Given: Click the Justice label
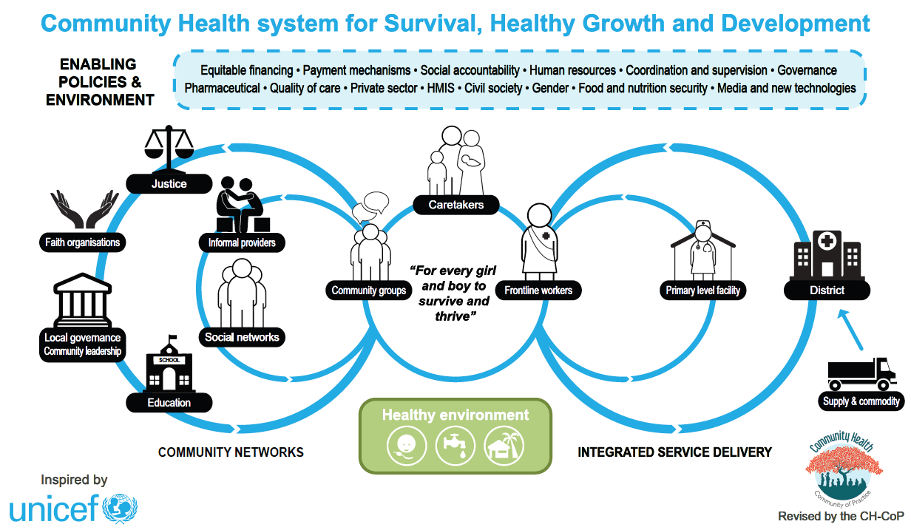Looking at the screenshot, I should coord(169,183).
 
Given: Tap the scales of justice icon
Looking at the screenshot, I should coord(169,149).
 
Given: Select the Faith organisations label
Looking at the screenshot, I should coord(82,242).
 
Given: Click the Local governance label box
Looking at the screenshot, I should coord(82,344).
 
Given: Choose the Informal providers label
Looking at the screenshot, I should coord(242,242).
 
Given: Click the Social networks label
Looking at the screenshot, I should coord(242,337).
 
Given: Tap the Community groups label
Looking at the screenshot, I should coord(368,290).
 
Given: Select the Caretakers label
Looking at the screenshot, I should coord(456,205).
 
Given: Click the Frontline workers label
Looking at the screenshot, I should coord(538,290).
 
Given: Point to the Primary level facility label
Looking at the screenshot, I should coord(702,290).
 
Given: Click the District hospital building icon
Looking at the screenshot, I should coord(826,253).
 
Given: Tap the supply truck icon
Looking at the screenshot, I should coord(861,373).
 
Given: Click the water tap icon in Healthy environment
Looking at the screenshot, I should coord(455,445).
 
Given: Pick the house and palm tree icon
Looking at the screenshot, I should coord(504,445).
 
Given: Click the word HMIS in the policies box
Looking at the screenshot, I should coord(441,88).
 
